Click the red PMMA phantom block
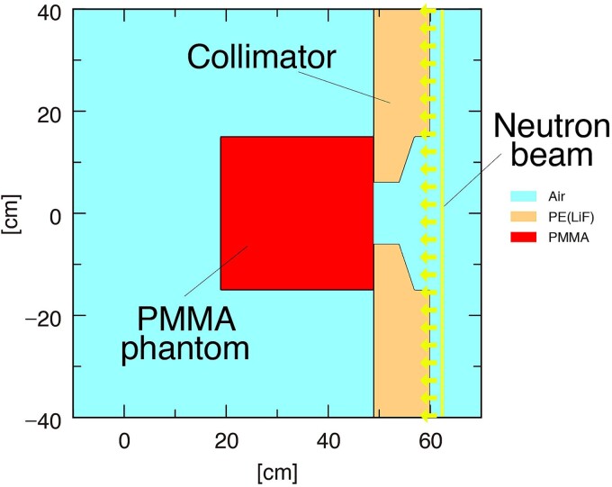coord(297,212)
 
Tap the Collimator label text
coord(261,58)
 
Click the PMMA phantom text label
coord(186,333)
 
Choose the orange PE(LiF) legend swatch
coord(522,217)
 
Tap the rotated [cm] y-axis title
coord(13,213)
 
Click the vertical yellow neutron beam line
coord(442,270)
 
